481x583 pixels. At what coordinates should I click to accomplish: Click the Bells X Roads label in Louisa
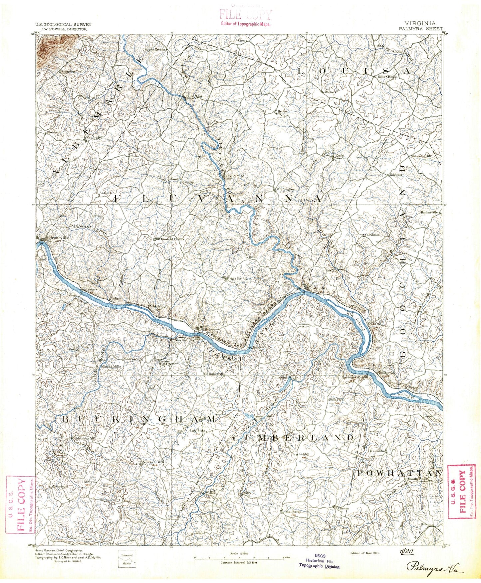point(387,76)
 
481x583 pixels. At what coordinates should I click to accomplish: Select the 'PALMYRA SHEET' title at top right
point(421,29)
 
